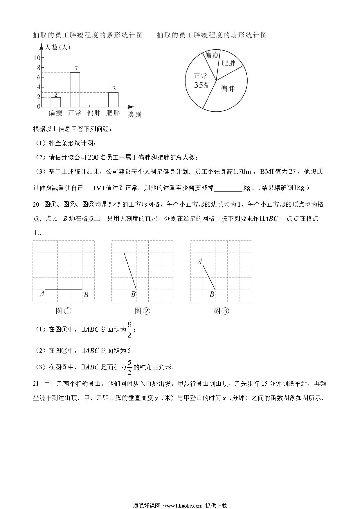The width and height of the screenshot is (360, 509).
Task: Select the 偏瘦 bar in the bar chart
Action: (56, 102)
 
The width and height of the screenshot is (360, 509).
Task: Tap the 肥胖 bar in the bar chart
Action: (113, 99)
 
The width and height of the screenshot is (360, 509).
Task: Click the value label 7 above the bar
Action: (76, 69)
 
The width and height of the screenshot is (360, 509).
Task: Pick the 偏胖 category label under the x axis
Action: (94, 113)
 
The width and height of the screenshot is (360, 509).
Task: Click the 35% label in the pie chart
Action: (201, 85)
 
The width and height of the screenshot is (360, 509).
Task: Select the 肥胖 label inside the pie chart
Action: (228, 63)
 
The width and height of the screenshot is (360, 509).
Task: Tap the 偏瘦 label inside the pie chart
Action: (212, 55)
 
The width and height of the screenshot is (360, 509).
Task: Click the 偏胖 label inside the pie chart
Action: (228, 89)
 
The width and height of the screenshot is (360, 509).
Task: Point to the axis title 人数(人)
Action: (57, 47)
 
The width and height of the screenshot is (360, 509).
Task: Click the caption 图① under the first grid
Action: (63, 311)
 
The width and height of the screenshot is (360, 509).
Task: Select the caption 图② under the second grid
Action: (142, 311)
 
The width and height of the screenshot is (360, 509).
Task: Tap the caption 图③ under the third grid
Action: (221, 311)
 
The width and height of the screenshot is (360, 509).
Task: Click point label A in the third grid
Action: (200, 262)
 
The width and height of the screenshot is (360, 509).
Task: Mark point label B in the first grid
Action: (86, 295)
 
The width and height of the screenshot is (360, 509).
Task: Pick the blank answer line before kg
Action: (228, 188)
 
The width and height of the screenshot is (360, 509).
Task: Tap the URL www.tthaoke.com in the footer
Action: (183, 505)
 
